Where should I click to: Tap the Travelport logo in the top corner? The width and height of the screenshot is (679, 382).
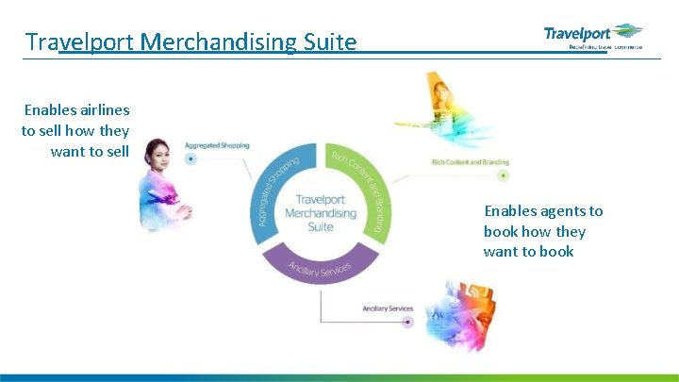(x=593, y=36)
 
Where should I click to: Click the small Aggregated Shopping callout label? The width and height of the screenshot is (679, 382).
(x=217, y=145)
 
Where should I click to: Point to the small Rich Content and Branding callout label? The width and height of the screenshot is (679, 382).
(x=470, y=162)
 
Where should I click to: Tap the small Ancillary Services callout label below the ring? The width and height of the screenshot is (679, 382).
(x=388, y=308)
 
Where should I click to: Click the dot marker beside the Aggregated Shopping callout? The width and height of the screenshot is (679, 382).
(x=191, y=158)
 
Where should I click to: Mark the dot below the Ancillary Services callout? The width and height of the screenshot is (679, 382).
(x=407, y=322)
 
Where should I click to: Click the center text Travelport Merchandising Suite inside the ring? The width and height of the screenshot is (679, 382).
(x=321, y=213)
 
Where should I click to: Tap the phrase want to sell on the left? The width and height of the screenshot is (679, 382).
(x=90, y=151)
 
